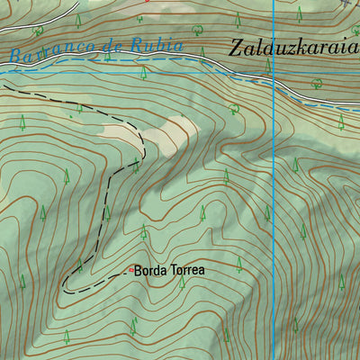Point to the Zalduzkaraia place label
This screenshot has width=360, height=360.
point(292,48)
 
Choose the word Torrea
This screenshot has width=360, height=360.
point(185,269)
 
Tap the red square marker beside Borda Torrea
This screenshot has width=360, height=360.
point(130,269)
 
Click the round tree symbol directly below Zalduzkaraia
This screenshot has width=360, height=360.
point(234,109)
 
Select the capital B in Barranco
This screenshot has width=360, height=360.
point(16,56)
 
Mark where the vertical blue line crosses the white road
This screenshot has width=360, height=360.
point(274,78)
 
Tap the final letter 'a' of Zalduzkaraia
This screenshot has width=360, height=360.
point(353,48)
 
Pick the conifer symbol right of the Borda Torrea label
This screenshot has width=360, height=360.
point(238,263)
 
